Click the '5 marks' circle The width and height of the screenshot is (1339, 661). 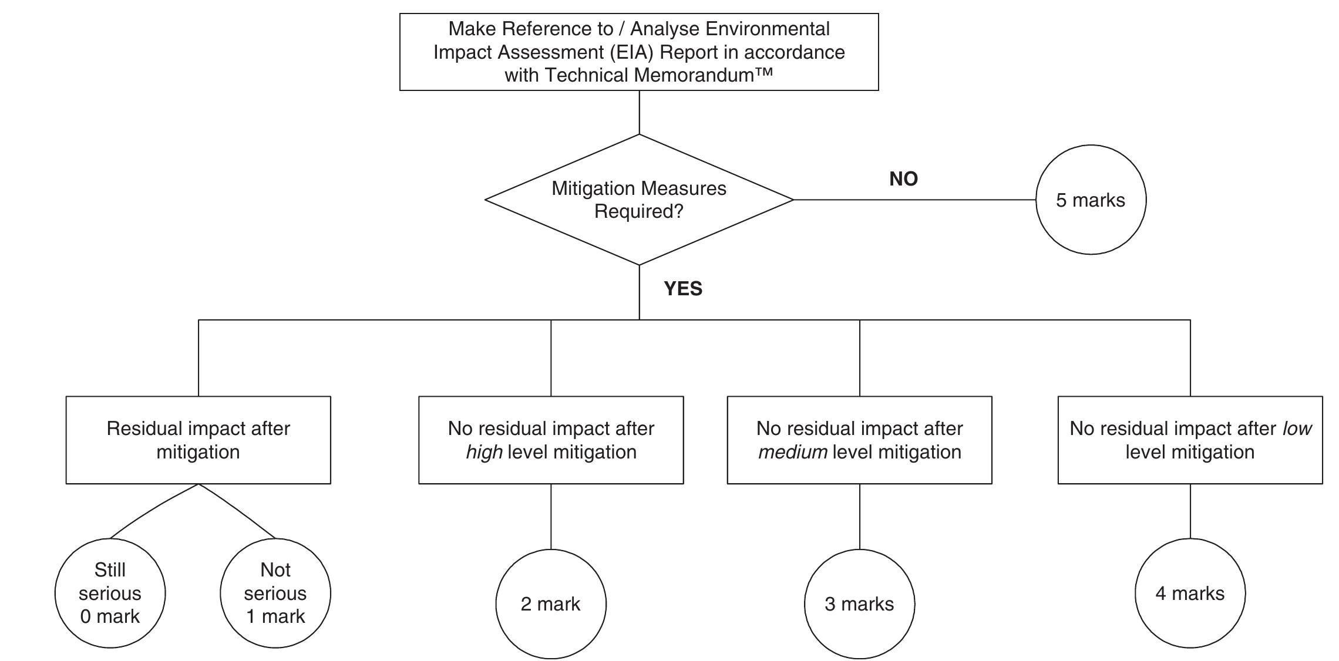point(1090,200)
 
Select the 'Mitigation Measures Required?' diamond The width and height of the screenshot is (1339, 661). point(639,200)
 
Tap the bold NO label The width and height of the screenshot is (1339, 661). point(903,178)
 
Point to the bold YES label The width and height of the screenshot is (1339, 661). point(683,288)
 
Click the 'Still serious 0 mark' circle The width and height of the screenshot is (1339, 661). point(110,593)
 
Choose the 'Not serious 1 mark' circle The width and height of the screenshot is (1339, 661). point(275,593)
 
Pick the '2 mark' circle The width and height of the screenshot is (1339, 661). point(550,603)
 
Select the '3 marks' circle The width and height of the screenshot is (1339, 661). point(859,603)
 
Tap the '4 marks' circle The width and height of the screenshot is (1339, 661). point(1190,593)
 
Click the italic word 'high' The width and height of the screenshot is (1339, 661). point(484,452)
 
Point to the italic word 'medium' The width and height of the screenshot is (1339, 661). point(792,452)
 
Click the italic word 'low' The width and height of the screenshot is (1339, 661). point(1297,429)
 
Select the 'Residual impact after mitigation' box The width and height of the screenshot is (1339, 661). point(198,440)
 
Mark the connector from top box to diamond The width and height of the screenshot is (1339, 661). point(639,112)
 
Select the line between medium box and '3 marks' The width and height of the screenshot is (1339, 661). point(859,517)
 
